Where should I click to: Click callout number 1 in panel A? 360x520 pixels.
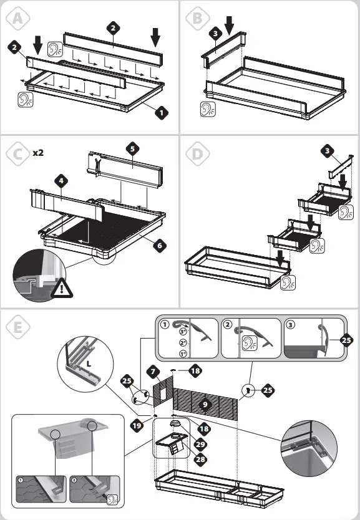click(161, 113)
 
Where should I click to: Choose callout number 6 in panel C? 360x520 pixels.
click(160, 246)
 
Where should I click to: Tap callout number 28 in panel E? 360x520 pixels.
click(200, 459)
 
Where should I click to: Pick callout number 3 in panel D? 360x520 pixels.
click(328, 151)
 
